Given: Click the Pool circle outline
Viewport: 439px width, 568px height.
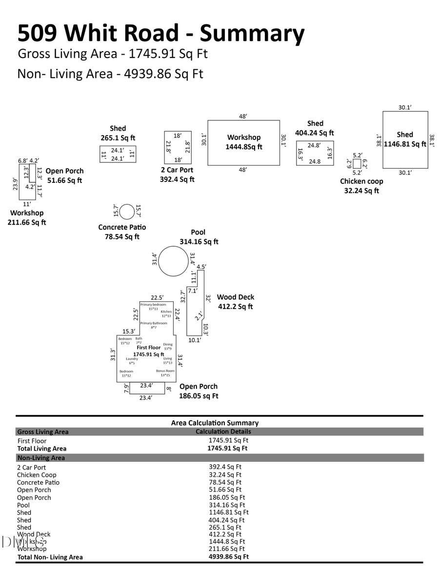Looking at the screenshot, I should coord(173,261).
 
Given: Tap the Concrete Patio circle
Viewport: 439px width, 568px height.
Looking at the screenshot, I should coord(127,212).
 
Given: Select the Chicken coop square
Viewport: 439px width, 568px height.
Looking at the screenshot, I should coord(357,164).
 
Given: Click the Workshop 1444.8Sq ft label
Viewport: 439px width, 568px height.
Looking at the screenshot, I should coord(244,142).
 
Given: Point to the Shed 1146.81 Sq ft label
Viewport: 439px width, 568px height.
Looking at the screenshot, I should coord(405,139).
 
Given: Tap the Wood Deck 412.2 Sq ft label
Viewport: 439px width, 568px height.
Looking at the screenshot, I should coord(236,302).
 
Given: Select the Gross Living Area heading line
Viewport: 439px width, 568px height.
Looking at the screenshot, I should coord(112,53).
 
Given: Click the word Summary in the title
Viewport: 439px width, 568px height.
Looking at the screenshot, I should coord(252,33).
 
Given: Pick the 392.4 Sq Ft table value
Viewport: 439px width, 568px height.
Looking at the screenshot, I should coord(225,467).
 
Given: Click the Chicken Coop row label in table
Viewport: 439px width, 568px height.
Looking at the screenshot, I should coord(37,474).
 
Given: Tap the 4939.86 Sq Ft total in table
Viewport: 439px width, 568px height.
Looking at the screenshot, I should coord(228,556).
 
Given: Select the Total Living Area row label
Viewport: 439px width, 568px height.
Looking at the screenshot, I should coord(42,448).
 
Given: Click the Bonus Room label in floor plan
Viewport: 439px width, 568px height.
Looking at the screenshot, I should coord(165,371).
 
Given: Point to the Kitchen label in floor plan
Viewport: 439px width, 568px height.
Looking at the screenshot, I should coord(166,312).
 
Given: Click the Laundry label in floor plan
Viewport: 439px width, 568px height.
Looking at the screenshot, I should coord(132,359).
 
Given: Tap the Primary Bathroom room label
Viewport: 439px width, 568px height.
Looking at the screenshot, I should coord(154,323).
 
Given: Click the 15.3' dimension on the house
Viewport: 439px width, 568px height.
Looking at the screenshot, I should coord(128,331).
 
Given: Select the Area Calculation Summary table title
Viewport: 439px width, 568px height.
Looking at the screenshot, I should coord(215,423).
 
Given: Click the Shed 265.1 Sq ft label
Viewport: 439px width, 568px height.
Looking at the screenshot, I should coord(118,133).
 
